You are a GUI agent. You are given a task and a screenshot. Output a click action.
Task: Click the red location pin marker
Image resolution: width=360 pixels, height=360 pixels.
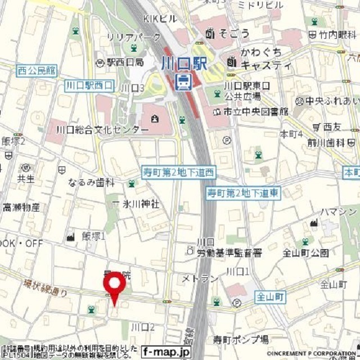click(115, 286)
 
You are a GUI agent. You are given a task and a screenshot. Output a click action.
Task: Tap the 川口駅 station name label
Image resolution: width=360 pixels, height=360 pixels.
click(183, 63)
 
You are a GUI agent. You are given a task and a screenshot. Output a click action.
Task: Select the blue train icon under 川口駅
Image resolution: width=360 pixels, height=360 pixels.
click(183, 82)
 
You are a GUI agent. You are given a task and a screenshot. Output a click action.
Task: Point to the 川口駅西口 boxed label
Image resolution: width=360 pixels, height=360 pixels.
click(89, 85)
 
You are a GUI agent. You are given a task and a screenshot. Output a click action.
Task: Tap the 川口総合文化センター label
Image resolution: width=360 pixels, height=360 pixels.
click(102, 129)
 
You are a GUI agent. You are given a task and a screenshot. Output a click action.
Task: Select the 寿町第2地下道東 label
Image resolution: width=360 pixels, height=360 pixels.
click(242, 193)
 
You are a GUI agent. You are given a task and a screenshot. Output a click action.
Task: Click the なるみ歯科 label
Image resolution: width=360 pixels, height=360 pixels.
click(91, 183)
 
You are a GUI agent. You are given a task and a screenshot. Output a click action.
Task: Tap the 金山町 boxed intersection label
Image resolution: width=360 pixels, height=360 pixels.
click(271, 295)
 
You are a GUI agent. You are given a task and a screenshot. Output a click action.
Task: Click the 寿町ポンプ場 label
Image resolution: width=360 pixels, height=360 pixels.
click(240, 339)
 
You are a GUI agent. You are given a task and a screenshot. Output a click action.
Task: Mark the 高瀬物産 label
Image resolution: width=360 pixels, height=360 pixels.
click(21, 207)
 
